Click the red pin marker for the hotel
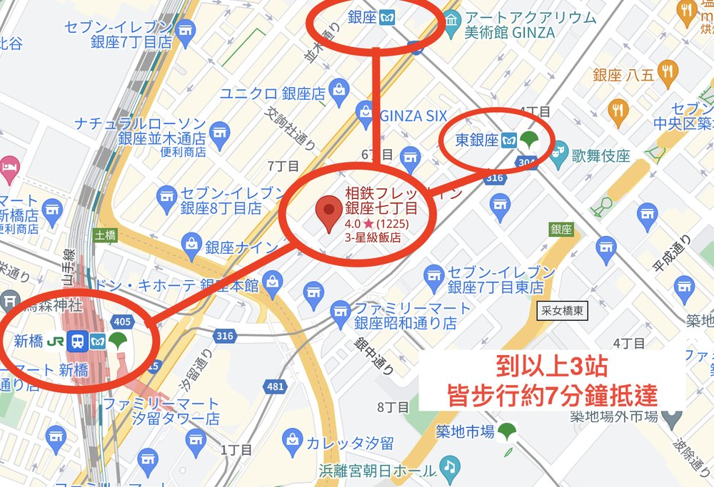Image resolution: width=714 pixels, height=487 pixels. (328, 214)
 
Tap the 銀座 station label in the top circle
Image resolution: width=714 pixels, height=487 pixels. (362, 16)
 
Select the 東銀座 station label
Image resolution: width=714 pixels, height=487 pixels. (476, 140)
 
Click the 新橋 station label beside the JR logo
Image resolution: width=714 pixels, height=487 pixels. (28, 341)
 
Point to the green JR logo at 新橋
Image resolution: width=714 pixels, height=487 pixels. (54, 341)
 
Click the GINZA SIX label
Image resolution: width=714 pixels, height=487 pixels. (413, 116)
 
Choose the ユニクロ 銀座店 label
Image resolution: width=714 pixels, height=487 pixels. (272, 93)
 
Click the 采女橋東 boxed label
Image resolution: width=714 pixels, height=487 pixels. (563, 311)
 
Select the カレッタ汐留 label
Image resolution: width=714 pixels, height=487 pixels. (349, 443)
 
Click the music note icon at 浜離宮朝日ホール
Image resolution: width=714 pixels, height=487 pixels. (448, 466)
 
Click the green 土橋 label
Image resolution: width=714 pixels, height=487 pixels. (104, 234)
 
